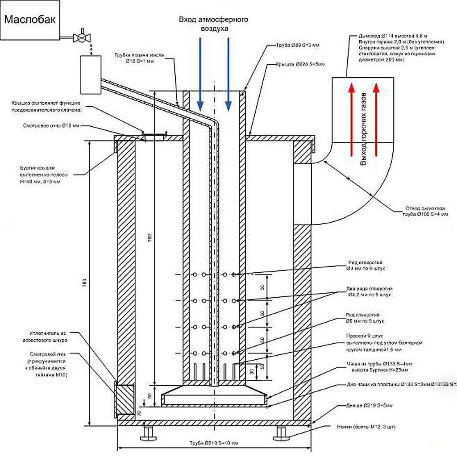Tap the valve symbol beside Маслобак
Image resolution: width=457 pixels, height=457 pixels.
click(x=81, y=37)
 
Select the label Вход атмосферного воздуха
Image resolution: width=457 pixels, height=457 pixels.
click(x=213, y=24)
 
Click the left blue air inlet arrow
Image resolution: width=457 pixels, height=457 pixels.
click(x=200, y=74)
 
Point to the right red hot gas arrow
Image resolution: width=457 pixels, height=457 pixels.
click(x=376, y=120)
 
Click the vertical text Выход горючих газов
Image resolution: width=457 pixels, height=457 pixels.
click(x=363, y=129)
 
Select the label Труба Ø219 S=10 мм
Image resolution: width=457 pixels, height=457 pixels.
click(x=214, y=443)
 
